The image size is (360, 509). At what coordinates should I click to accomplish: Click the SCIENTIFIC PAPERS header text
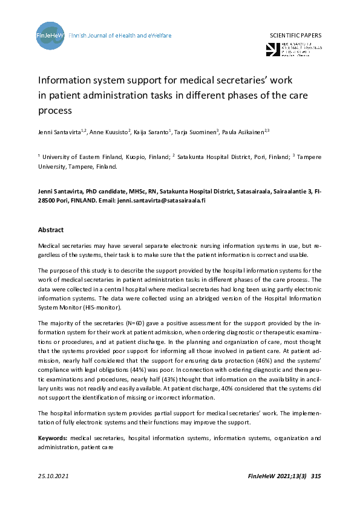(295, 36)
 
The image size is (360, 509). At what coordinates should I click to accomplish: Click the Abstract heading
(51, 230)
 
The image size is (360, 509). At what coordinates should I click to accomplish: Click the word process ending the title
(55, 111)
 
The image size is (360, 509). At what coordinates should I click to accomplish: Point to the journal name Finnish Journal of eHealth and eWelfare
(120, 36)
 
